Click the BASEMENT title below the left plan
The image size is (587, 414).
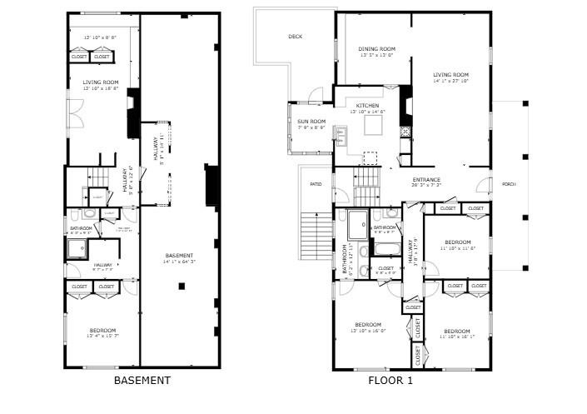[142, 381]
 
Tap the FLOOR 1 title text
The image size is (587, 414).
[391, 381]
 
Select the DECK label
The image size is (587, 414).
[295, 37]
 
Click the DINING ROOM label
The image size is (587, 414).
[376, 49]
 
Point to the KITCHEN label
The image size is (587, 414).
[367, 106]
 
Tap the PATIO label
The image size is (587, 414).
[316, 184]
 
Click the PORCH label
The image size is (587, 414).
[508, 184]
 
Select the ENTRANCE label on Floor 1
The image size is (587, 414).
[426, 180]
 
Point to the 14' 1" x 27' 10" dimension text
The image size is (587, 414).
[450, 82]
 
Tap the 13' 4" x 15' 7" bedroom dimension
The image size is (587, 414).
[103, 337]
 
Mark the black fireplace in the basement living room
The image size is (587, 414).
[132, 116]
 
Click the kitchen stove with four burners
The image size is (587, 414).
[405, 131]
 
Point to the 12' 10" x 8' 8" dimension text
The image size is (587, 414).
[100, 37]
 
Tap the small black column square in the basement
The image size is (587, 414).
[182, 286]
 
